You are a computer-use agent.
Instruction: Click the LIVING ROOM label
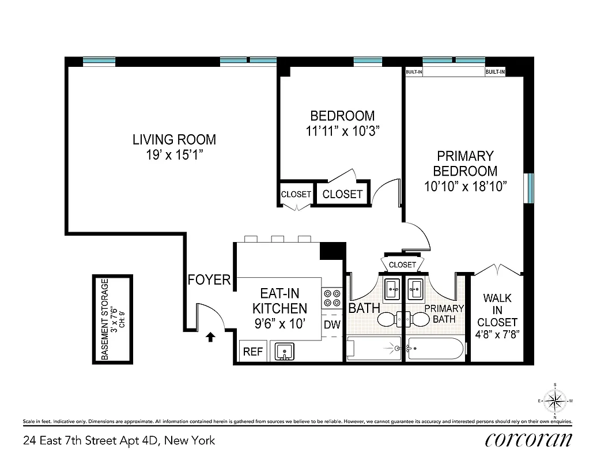[174, 139]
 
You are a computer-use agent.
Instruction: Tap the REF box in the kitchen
[253, 352]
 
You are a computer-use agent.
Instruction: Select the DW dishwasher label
[331, 324]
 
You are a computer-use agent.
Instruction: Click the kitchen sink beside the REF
[284, 350]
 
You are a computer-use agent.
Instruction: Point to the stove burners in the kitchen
[331, 297]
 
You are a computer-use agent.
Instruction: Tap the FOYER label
[209, 280]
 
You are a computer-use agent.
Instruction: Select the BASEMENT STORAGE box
[114, 319]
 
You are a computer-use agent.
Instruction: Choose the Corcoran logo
[529, 440]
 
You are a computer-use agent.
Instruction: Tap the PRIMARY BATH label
[444, 313]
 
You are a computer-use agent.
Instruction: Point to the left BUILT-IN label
[414, 72]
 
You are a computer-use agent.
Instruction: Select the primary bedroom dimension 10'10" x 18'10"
[465, 186]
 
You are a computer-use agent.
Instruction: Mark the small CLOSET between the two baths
[402, 264]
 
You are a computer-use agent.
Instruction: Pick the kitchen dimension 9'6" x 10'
[279, 323]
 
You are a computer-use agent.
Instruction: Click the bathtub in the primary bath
[435, 349]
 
